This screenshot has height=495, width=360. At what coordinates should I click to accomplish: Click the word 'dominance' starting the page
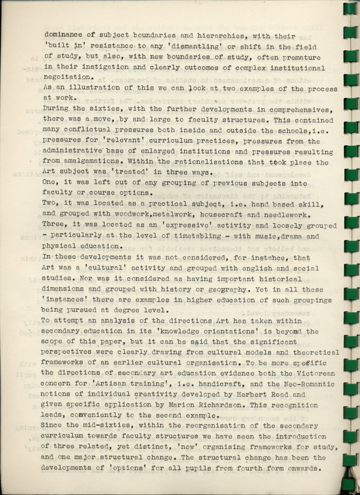point(63,35)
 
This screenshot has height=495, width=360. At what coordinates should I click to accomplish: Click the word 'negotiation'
point(67,77)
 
